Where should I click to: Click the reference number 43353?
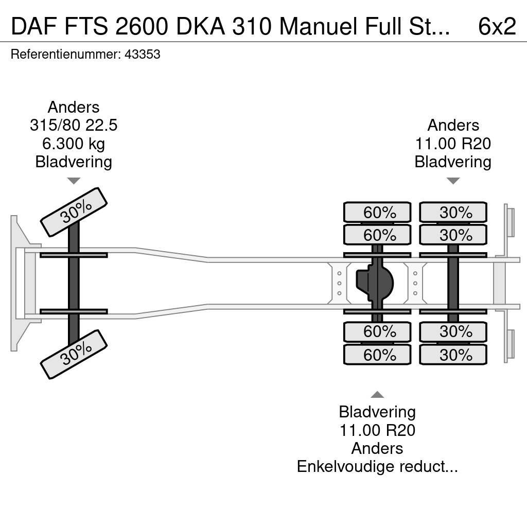tap(143, 54)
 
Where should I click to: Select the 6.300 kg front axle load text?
tap(74, 144)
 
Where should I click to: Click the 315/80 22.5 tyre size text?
tap(74, 126)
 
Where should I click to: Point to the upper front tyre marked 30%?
tap(74, 212)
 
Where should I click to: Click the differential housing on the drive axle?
tap(375, 283)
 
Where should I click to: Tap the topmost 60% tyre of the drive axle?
tap(377, 212)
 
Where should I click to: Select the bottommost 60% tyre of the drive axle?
tap(377, 355)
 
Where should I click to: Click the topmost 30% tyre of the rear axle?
tap(453, 212)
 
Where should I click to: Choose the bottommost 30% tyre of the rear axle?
tap(453, 355)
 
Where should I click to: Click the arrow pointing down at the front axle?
tap(74, 181)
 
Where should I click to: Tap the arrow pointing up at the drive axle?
tap(377, 395)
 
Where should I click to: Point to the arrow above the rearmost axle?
tap(453, 181)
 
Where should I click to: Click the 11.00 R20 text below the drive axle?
tap(377, 430)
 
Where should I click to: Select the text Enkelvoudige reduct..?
tap(377, 466)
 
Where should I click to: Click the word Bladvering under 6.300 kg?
tap(74, 162)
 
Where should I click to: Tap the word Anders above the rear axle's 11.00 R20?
tap(453, 126)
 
